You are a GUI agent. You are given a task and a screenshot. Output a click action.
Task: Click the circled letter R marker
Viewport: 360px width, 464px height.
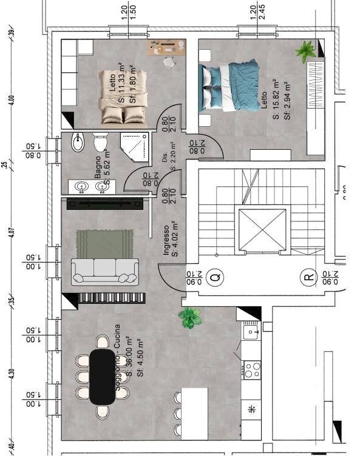click(x=310, y=278)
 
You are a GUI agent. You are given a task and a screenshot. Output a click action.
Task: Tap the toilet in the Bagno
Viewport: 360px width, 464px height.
click(x=100, y=143)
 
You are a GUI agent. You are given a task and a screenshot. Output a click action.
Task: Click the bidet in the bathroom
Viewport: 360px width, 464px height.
click(x=78, y=143)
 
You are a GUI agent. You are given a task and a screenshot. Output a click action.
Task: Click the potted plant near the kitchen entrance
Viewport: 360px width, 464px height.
click(x=191, y=317)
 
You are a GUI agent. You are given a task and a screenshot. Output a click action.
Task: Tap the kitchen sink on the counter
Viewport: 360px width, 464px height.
click(x=251, y=332)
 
